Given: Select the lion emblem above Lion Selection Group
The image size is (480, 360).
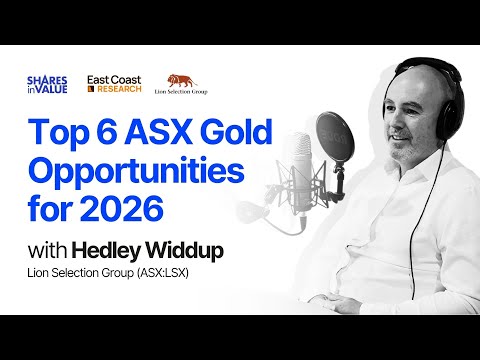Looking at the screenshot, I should pyautogui.click(x=183, y=80).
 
